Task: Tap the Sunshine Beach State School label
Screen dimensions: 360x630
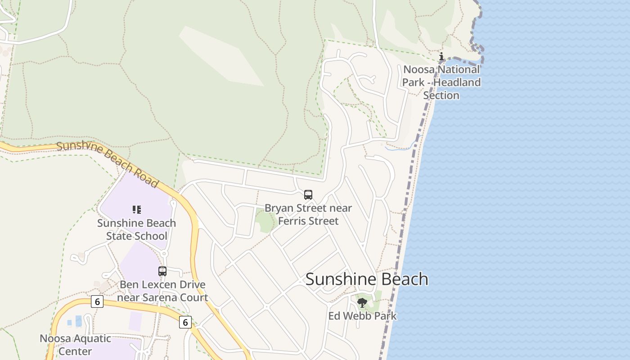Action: coord(136,229)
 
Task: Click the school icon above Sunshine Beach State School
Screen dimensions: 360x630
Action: coord(136,210)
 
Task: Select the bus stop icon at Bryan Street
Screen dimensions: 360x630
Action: coord(308,195)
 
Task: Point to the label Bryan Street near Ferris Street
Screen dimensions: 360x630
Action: coord(308,215)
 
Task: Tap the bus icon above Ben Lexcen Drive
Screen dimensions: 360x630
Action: coord(162,271)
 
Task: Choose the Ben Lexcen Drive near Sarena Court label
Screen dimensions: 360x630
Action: coord(162,291)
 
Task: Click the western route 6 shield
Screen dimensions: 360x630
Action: coord(97,301)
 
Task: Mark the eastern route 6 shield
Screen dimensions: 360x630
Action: coord(185,322)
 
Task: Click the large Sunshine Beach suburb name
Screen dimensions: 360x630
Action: coord(367,279)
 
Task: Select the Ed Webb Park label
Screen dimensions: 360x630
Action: coord(362,316)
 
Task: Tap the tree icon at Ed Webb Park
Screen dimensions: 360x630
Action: coord(362,303)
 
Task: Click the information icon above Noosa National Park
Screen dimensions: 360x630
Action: coord(441,57)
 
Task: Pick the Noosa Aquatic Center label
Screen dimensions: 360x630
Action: coord(75,345)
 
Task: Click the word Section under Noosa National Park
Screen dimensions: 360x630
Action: coord(441,95)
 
